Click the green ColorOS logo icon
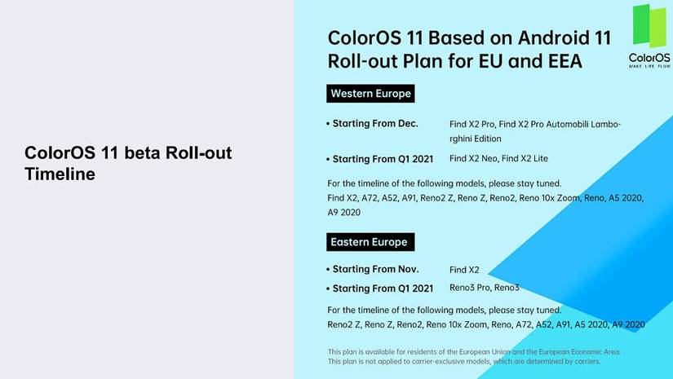pos(649,26)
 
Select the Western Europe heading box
pos(370,94)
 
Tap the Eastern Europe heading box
pos(370,242)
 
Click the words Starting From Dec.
pos(375,123)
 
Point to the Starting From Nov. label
pos(375,269)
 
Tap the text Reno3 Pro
pos(470,288)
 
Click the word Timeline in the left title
pos(60,174)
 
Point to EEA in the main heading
pos(565,61)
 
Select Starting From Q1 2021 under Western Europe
pos(383,159)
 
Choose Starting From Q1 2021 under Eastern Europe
pos(383,289)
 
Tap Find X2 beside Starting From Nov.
pos(464,270)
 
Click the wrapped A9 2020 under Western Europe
pos(343,213)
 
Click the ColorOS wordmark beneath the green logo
pos(649,58)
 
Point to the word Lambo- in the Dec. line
pos(605,125)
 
